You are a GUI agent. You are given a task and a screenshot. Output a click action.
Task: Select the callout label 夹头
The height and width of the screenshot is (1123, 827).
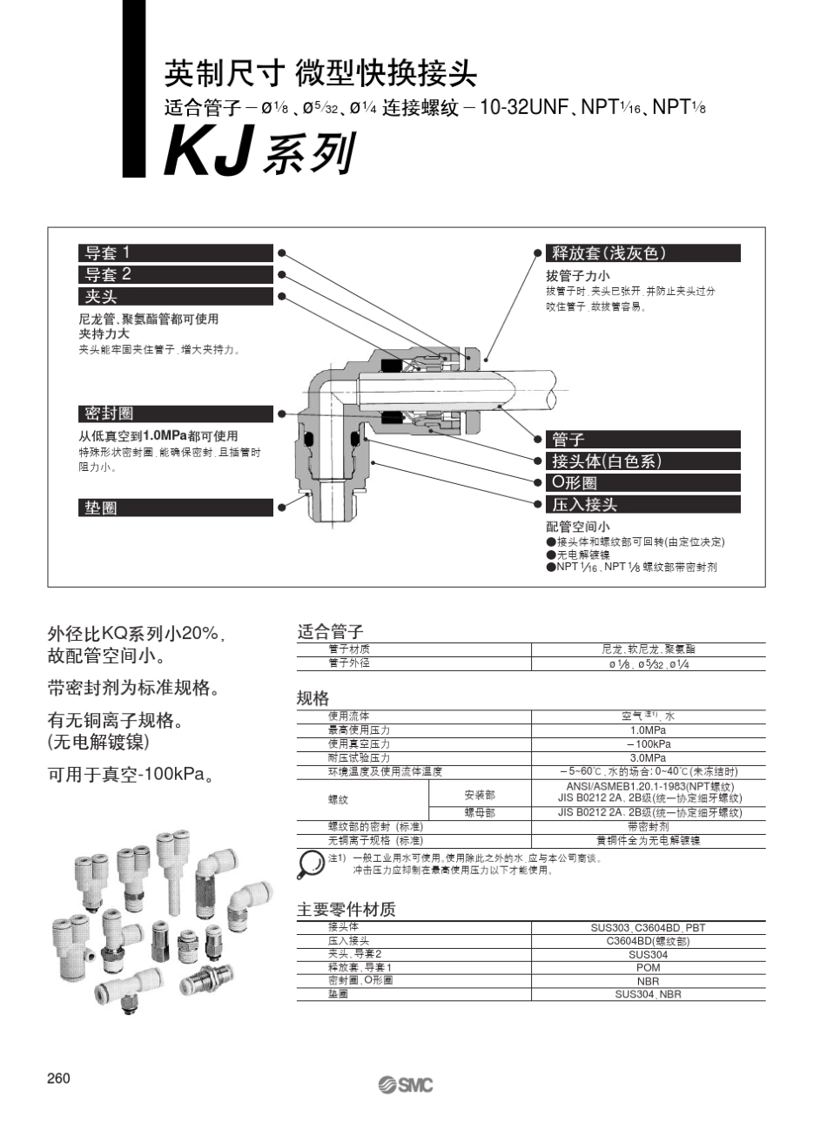point(101,297)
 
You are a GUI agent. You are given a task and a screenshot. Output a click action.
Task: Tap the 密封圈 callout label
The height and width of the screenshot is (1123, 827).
point(110,414)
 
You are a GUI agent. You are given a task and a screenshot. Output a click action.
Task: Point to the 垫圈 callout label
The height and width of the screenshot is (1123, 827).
point(101,508)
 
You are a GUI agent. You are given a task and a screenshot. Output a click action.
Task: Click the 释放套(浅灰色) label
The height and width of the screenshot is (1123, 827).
point(609,253)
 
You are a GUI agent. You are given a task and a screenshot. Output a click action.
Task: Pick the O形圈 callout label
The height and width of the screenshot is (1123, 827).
point(575,483)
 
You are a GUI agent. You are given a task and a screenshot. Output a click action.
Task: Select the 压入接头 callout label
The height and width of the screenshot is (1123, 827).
point(584,505)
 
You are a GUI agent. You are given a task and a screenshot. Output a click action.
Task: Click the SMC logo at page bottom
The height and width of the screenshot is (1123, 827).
point(405,1084)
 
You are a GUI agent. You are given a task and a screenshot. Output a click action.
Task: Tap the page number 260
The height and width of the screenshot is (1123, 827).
point(58,1079)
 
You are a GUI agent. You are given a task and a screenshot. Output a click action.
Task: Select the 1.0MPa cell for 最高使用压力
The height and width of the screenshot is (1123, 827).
point(648,730)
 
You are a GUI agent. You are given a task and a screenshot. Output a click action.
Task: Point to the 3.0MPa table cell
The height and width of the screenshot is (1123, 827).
point(648,758)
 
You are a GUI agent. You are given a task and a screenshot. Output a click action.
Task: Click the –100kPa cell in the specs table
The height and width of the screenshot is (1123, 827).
point(648,744)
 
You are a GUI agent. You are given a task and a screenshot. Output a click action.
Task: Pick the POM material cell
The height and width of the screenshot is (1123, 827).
point(648,967)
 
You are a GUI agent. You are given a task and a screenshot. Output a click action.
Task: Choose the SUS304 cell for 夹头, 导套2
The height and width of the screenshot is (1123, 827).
point(648,954)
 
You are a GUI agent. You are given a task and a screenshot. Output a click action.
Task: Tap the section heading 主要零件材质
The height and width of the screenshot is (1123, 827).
point(346,910)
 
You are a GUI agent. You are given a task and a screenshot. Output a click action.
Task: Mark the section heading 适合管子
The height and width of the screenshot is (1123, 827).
point(330,632)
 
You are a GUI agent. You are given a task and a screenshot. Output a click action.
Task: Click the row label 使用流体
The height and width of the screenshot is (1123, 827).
point(348,716)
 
